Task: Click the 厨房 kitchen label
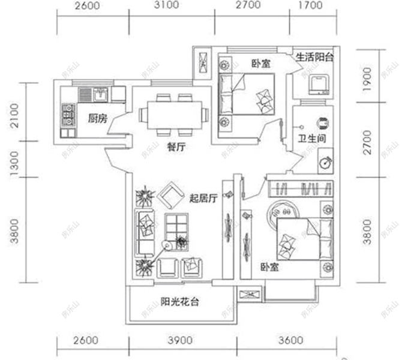coord(97,118)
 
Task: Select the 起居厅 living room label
coord(202,199)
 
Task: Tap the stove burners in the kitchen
coord(68,114)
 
